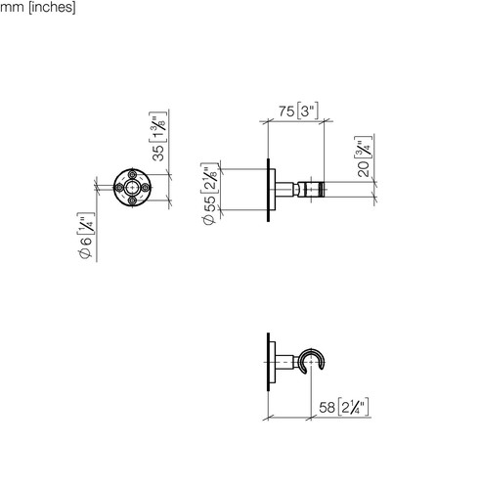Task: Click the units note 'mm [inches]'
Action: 38,7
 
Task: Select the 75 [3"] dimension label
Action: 298,111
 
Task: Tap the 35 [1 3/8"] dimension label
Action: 158,136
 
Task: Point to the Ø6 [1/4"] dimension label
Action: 86,236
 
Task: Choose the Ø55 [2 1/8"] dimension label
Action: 209,194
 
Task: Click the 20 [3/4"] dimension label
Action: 363,156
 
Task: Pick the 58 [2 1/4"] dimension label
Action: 344,407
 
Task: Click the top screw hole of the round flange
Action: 132,174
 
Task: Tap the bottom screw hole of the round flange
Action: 132,200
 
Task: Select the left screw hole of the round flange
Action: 119,188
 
